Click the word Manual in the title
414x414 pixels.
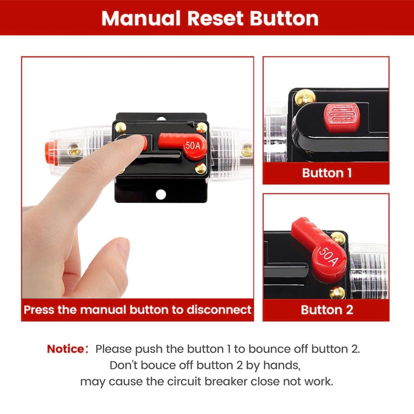click(141, 18)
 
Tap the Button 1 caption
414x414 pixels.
click(326, 172)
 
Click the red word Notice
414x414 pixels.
click(65, 349)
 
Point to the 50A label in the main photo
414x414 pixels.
click(193, 146)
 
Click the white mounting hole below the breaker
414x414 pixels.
click(161, 195)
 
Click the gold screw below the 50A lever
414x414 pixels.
click(200, 168)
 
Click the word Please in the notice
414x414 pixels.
click(112, 349)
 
